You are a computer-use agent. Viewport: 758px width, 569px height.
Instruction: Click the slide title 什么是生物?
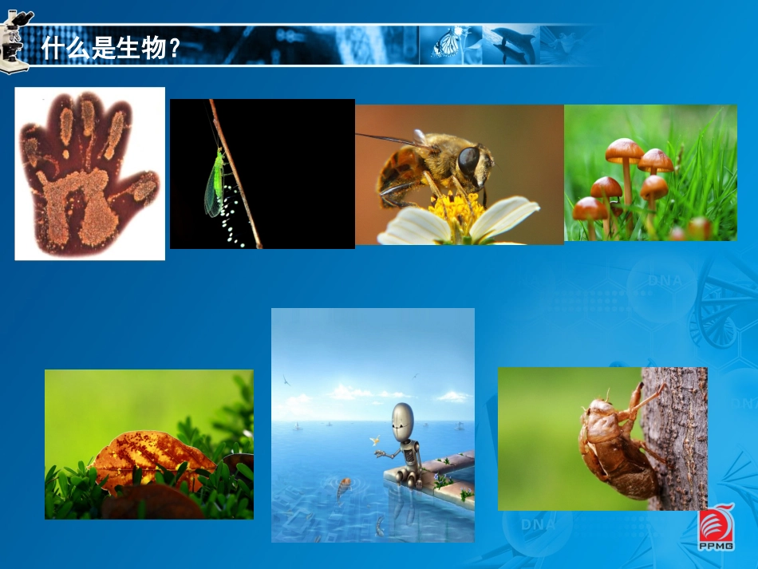(111, 48)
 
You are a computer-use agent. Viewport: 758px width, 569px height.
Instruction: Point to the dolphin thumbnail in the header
(511, 43)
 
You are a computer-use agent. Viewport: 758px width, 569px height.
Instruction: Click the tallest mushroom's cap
(624, 148)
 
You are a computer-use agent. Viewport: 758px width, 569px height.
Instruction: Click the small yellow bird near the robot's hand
(373, 440)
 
